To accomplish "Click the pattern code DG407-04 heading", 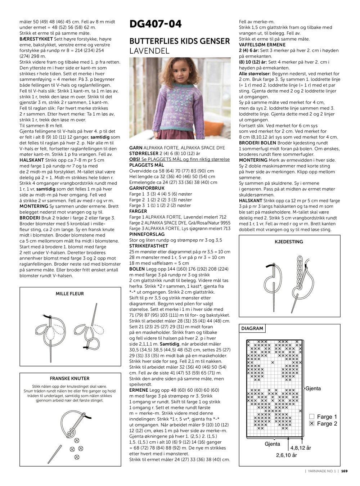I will (156, 24).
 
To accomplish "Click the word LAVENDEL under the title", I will (149, 51).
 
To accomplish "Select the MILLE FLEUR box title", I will (70, 294).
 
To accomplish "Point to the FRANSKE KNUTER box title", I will (70, 379).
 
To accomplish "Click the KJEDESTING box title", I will (289, 242).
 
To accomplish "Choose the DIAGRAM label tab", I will (252, 328).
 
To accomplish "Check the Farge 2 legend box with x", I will (312, 424).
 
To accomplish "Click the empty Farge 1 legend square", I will (312, 417).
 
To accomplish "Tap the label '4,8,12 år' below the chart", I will (301, 448).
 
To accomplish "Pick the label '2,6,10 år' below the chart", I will (287, 455).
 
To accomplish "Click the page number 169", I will (344, 471).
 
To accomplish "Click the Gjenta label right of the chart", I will (313, 388).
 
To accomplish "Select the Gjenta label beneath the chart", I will (272, 444).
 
